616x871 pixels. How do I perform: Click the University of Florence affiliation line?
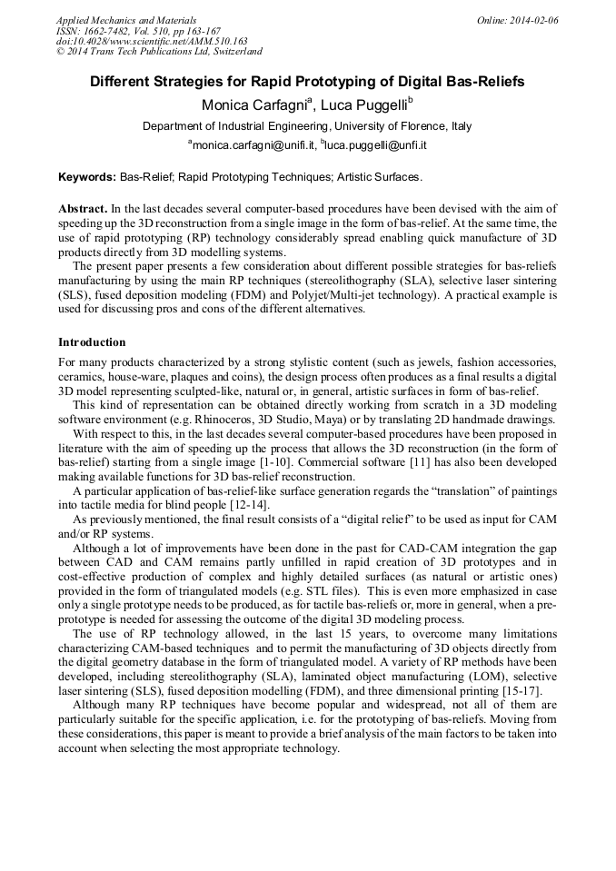point(307,126)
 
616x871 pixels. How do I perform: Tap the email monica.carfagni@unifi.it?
point(246,145)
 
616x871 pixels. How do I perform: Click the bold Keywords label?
point(86,177)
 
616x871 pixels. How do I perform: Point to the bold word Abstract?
point(83,209)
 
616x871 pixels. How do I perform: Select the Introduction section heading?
point(92,342)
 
